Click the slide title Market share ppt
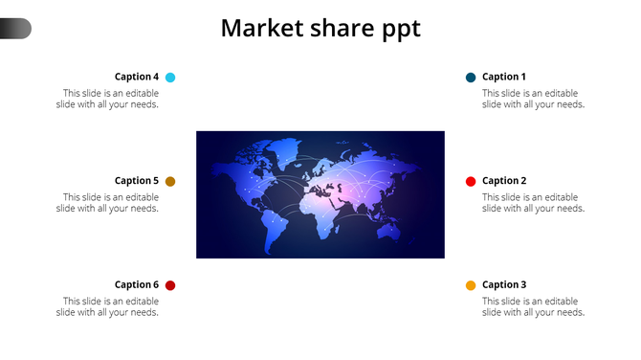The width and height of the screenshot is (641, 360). [320, 28]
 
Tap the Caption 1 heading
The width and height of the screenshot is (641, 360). [504, 77]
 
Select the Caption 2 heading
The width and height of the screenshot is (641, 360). [504, 181]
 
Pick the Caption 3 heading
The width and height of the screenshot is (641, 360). [504, 285]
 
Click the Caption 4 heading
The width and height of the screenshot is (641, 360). [136, 77]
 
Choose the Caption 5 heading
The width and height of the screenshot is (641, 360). [136, 181]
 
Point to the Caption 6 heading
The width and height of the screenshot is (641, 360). [136, 285]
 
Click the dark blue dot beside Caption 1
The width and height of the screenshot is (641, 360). [471, 78]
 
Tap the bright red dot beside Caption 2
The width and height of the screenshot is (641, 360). [471, 182]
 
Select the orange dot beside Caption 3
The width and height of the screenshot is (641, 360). [471, 286]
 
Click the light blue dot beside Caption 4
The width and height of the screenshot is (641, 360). [170, 78]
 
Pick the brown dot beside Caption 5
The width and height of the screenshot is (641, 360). [170, 182]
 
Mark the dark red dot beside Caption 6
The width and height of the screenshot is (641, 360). [170, 285]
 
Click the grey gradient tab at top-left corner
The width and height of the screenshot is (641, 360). [15, 29]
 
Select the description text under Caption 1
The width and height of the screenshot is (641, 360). [533, 99]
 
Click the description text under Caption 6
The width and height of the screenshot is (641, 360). [107, 307]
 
